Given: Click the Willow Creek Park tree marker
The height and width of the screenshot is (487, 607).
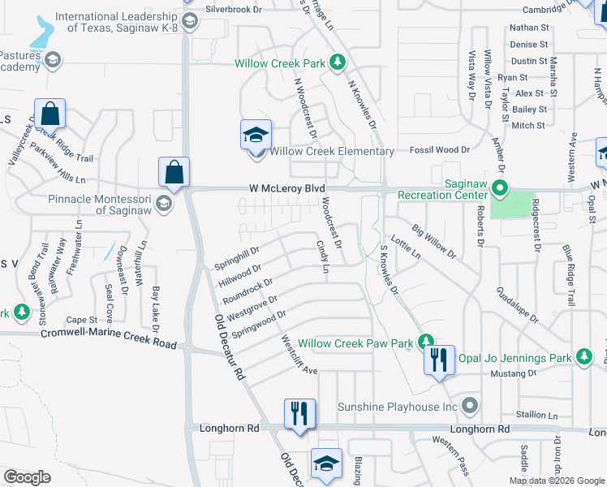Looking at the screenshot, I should (338, 62).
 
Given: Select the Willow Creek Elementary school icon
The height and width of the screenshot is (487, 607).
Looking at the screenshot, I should (255, 135).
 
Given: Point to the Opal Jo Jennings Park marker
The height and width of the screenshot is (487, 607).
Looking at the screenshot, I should (583, 356).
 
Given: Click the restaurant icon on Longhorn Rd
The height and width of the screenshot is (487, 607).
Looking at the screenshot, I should (299, 413).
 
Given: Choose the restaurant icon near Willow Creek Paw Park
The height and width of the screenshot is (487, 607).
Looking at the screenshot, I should (438, 359).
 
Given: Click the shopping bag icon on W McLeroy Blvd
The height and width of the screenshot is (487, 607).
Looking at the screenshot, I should (174, 171).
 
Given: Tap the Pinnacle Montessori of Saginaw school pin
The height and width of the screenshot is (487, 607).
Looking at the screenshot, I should (165, 203).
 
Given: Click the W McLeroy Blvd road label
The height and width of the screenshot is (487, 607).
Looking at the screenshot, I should (281, 189).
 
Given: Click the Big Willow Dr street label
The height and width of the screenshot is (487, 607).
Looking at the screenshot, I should (433, 242).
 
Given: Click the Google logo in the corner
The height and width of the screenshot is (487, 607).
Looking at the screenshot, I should (28, 477).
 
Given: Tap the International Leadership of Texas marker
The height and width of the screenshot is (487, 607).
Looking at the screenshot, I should (190, 22).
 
